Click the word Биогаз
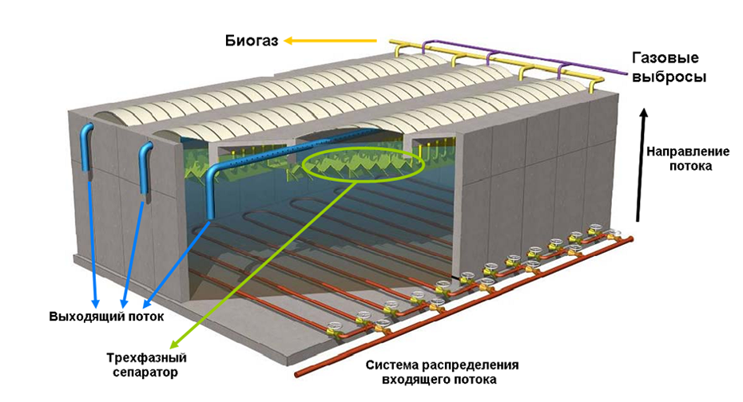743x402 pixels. point(251,41)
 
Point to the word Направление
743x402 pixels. point(679,152)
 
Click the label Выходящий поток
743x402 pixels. point(106,317)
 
